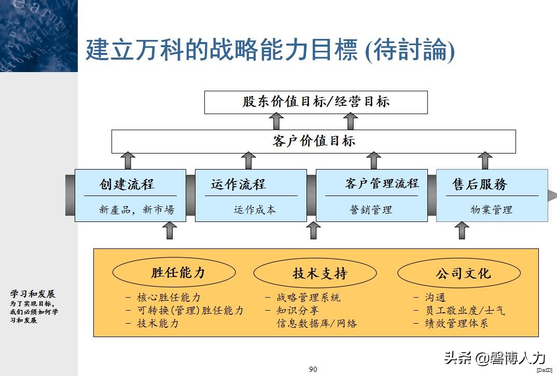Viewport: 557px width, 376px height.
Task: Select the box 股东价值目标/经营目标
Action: coord(316,102)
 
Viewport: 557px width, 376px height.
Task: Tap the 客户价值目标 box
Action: coord(314,141)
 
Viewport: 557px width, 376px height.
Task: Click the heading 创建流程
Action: coord(127,184)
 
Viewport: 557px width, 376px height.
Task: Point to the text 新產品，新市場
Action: coord(136,210)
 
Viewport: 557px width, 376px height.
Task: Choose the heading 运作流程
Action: coord(238,184)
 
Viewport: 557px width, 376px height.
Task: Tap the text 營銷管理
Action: coord(371,210)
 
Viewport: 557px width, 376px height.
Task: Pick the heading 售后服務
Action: coord(480,184)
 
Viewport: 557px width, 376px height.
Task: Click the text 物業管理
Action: coord(491,210)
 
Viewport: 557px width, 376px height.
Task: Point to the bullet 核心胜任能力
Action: coord(169,298)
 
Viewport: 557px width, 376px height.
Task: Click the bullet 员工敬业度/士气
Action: coord(465,310)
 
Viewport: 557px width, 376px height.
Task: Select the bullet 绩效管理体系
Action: coord(457,323)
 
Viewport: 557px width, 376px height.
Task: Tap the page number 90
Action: coord(313,369)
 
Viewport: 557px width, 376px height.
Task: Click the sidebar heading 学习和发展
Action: coord(33,294)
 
